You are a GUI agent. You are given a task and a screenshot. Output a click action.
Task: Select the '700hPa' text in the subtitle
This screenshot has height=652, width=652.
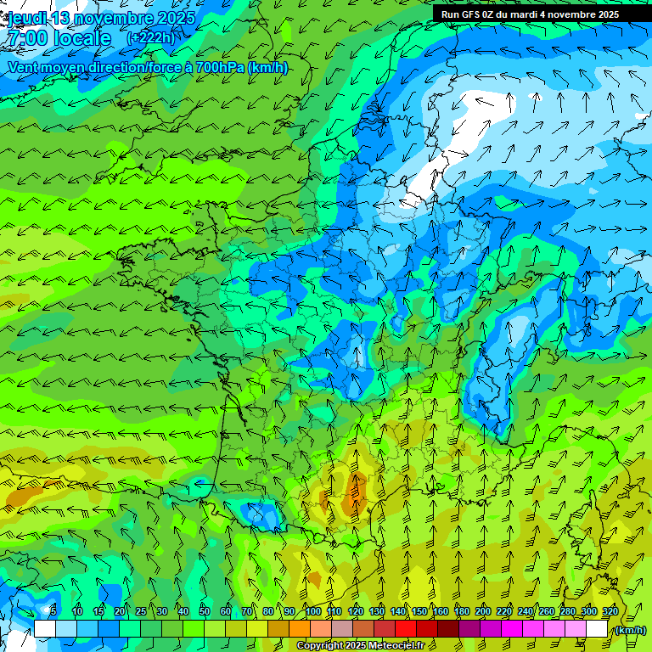click(220, 67)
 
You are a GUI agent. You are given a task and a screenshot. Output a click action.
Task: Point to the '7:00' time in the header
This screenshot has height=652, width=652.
click(31, 38)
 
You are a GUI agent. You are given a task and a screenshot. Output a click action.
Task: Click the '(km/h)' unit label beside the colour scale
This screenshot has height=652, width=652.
click(630, 630)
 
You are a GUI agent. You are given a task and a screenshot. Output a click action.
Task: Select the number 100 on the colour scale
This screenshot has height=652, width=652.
click(312, 612)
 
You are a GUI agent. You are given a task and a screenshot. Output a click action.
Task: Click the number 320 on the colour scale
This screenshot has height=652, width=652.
click(610, 612)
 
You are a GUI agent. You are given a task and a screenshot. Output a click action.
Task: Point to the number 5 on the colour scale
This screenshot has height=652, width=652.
click(53, 612)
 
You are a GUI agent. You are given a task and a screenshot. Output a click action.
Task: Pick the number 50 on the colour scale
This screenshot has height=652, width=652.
click(204, 612)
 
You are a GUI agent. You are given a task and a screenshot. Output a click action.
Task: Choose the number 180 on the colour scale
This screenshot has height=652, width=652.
click(461, 612)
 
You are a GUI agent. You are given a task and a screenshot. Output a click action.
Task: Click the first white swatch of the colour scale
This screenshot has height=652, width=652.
click(45, 629)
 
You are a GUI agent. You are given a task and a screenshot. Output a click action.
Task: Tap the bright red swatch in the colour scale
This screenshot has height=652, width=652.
click(406, 629)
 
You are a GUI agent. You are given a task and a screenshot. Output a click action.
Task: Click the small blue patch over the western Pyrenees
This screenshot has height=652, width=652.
click(260, 514)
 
